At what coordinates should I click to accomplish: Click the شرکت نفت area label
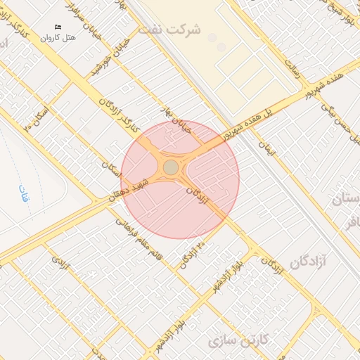click(x=170, y=30)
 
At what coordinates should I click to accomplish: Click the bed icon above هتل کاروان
click(x=58, y=27)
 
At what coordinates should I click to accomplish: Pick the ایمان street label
click(x=264, y=148)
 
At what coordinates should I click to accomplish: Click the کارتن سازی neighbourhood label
click(x=239, y=341)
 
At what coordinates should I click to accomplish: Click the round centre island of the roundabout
click(x=171, y=167)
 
